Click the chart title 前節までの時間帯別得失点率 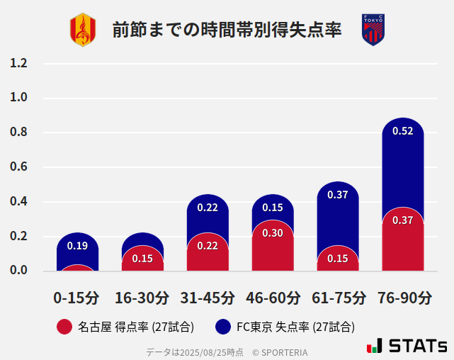click(227, 30)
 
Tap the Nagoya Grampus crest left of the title click(82, 30)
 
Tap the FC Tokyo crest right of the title click(373, 30)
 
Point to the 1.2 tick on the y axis click(19, 63)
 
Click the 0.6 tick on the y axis click(19, 167)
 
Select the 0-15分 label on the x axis click(76, 298)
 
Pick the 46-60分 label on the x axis click(273, 298)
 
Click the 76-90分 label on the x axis click(403, 298)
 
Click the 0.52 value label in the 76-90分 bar click(402, 131)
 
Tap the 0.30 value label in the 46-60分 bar click(273, 233)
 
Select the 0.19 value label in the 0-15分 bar click(77, 246)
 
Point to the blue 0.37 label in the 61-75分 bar click(338, 195)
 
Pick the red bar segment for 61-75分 click(338, 261)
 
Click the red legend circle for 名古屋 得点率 click(64, 327)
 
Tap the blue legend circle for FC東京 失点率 click(223, 327)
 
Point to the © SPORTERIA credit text click(280, 352)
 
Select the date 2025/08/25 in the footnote click(201, 352)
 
